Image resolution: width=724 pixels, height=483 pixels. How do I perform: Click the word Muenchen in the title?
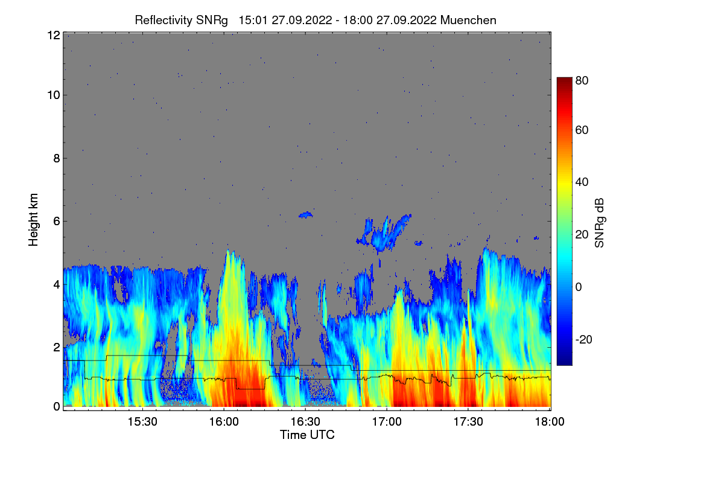[468, 20]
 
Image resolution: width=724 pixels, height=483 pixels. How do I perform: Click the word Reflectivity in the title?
[161, 20]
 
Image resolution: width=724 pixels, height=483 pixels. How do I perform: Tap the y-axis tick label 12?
[53, 35]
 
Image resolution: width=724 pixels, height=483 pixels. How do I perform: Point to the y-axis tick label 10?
[53, 95]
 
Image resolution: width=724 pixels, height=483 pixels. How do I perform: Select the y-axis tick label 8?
[56, 158]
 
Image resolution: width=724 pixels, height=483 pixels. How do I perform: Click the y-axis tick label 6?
[56, 221]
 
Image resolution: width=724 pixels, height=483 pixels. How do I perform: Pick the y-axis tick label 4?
[56, 284]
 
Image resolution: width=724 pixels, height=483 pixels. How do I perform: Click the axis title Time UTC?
[307, 435]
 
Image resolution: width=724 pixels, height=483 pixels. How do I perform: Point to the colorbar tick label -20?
[585, 339]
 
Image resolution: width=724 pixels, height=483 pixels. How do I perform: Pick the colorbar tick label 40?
[582, 182]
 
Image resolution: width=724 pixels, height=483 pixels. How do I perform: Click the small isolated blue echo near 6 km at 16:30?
[306, 214]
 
